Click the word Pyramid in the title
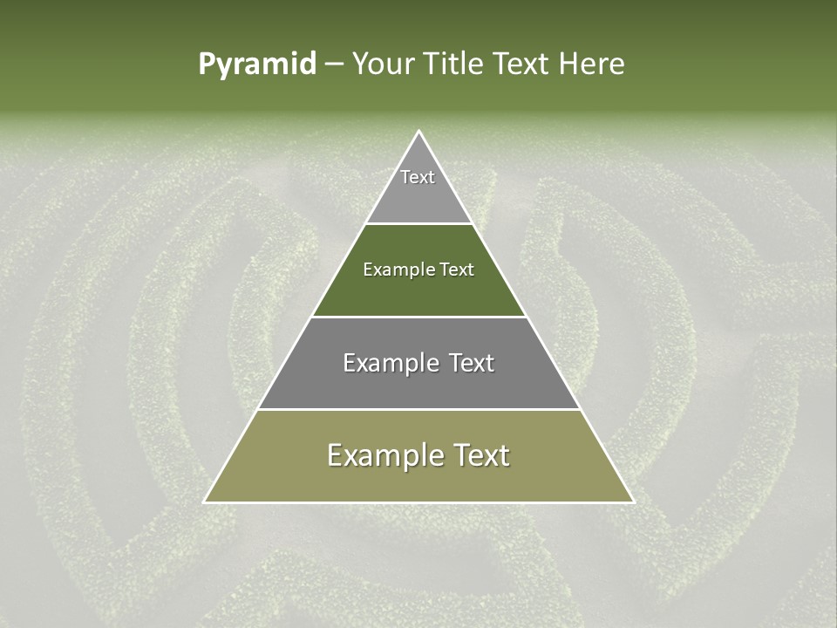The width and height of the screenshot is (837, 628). tap(257, 65)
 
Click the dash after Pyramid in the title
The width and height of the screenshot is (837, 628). tap(334, 65)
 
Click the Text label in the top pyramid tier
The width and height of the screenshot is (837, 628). tap(418, 177)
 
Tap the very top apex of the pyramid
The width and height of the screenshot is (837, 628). tap(418, 132)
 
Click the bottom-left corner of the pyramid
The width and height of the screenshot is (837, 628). tap(205, 502)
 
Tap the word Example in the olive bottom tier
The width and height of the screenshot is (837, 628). tap(382, 455)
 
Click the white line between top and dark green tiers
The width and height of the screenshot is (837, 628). tap(418, 223)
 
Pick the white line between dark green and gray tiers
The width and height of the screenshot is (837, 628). tap(418, 317)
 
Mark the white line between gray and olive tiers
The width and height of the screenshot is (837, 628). tap(418, 409)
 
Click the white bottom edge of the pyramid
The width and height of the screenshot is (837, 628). tap(418, 502)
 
